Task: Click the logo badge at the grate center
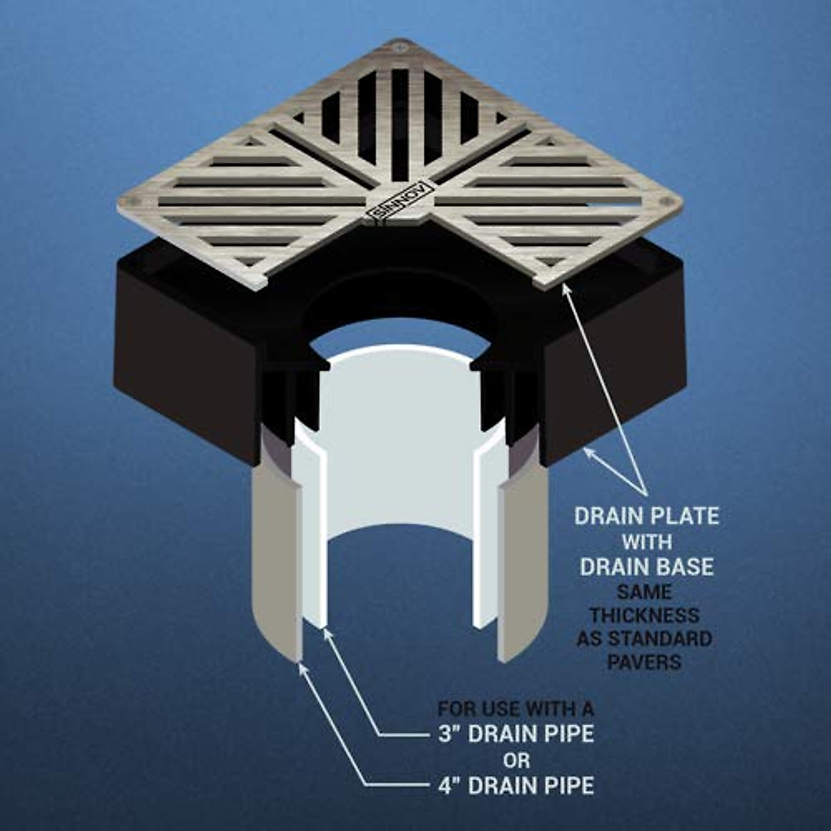400,200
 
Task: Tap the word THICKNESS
645,616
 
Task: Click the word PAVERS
645,661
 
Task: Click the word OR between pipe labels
517,760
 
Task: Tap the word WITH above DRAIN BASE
647,541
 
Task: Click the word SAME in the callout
645,592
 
